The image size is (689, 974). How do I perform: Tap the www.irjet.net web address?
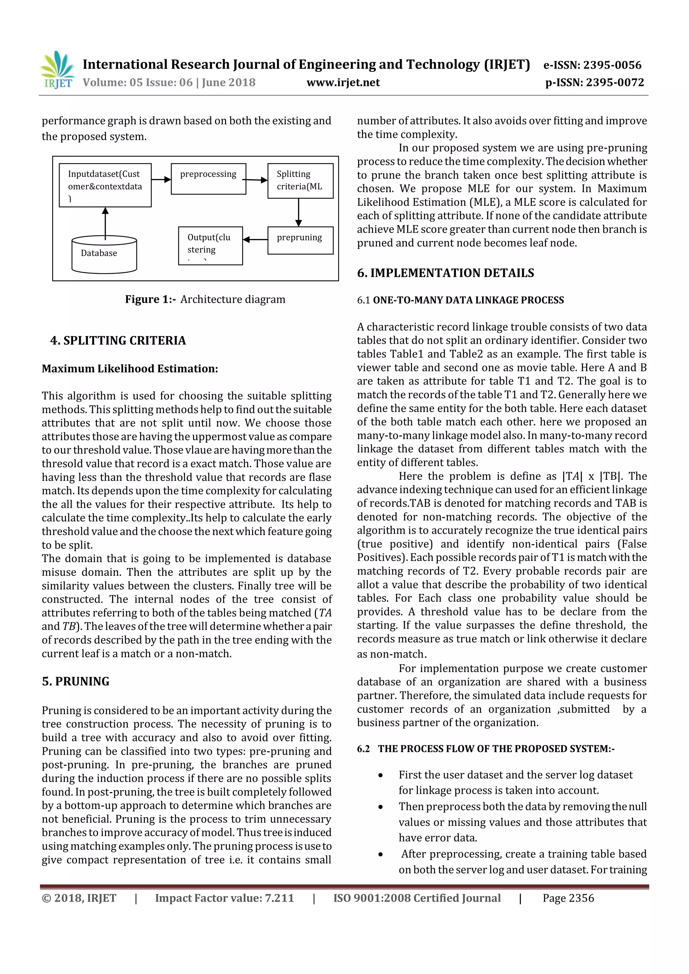pyautogui.click(x=343, y=83)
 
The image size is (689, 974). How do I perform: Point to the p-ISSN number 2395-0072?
pyautogui.click(x=594, y=83)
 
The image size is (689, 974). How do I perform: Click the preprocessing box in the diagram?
pyautogui.click(x=208, y=179)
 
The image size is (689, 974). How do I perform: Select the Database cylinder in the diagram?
pyautogui.click(x=104, y=255)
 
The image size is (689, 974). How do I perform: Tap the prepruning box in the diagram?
pyautogui.click(x=300, y=240)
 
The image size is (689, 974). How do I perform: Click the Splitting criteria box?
pyautogui.click(x=300, y=181)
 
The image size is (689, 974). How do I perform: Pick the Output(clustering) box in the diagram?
pyautogui.click(x=210, y=246)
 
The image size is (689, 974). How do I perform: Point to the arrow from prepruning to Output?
pyautogui.click(x=255, y=240)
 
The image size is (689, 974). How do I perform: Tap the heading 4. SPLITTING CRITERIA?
pyautogui.click(x=118, y=341)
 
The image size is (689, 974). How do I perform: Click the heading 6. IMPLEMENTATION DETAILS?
pyautogui.click(x=445, y=273)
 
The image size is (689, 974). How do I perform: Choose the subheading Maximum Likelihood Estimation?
pyautogui.click(x=130, y=369)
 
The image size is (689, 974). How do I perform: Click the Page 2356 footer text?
pyautogui.click(x=568, y=898)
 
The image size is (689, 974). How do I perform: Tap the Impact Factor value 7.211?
pyautogui.click(x=224, y=898)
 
